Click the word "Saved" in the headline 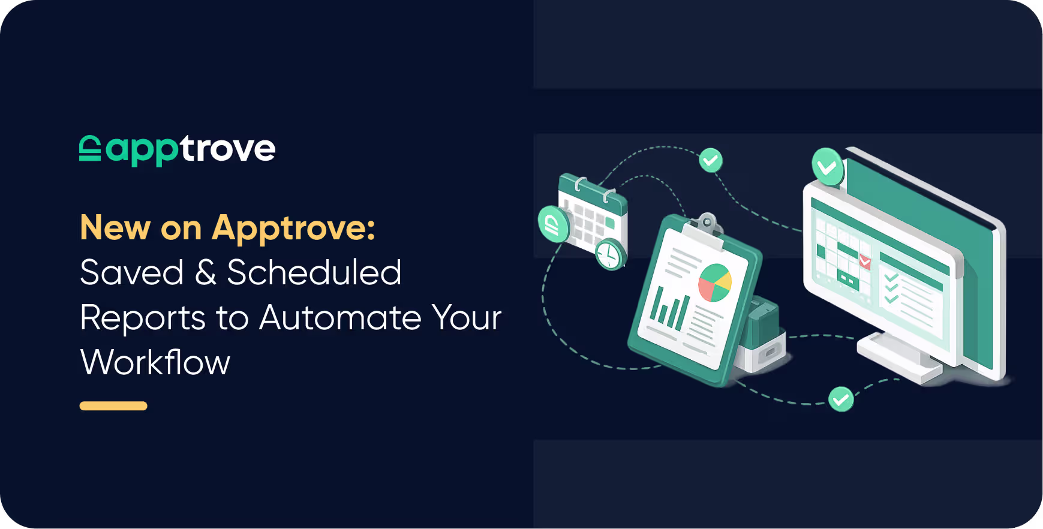click(132, 272)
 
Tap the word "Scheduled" click(314, 272)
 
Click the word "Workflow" click(155, 362)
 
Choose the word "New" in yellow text click(115, 228)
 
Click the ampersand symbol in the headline click(205, 273)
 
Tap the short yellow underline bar click(113, 406)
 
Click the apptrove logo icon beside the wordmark click(90, 148)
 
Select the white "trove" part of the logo click(227, 148)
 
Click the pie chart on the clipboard click(715, 282)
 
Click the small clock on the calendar click(610, 254)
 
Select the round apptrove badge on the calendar click(554, 224)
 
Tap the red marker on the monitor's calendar click(865, 261)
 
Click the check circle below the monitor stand click(841, 399)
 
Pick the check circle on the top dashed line click(711, 160)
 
